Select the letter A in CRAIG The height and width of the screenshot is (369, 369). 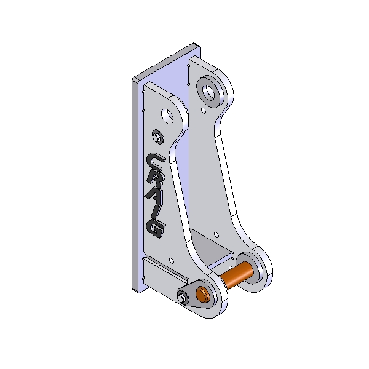pyautogui.click(x=154, y=195)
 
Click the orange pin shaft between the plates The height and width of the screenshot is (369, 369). pyautogui.click(x=237, y=275)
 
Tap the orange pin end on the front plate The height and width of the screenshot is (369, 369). pyautogui.click(x=202, y=295)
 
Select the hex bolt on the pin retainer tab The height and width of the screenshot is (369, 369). pyautogui.click(x=182, y=298)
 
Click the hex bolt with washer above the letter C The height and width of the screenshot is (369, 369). pyautogui.click(x=157, y=137)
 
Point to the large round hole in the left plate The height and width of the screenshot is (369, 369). pyautogui.click(x=167, y=116)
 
